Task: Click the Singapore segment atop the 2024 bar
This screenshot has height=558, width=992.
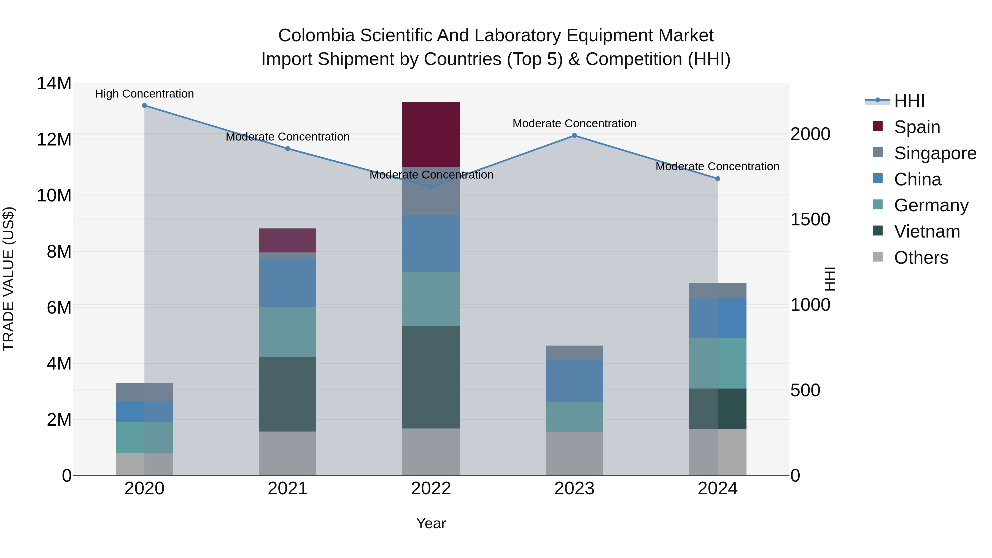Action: tap(718, 290)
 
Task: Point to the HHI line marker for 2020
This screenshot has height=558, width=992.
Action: tap(144, 105)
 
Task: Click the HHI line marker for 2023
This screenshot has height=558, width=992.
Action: tap(574, 136)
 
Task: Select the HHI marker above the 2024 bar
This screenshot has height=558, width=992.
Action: tap(718, 179)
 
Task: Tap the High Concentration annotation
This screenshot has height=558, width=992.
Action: tap(144, 94)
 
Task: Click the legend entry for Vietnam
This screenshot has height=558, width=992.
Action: tap(926, 231)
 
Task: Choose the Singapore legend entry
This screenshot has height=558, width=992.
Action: tap(935, 153)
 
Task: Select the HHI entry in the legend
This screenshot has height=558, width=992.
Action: tap(909, 101)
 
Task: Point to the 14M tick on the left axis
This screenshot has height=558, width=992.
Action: tap(54, 83)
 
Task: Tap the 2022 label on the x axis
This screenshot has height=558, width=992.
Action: tap(431, 488)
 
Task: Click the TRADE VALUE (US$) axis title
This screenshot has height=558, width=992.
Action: tap(9, 279)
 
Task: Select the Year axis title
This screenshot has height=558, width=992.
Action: tap(431, 523)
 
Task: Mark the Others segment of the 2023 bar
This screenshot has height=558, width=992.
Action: tap(574, 453)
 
